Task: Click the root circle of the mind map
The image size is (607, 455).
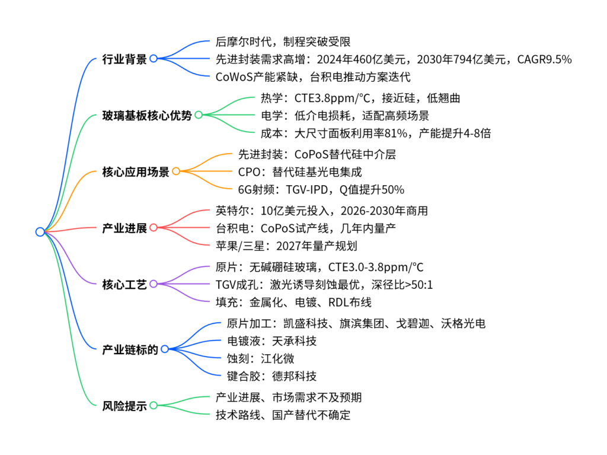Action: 40,232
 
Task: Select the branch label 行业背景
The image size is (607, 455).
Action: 124,59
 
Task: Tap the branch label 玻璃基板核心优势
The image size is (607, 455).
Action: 147,116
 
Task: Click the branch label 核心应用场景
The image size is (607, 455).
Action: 136,171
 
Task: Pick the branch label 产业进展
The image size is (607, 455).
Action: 124,228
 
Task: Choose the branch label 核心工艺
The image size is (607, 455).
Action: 124,285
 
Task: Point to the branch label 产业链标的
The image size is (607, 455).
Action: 130,349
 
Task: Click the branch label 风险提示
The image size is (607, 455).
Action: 124,406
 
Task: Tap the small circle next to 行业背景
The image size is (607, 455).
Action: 154,59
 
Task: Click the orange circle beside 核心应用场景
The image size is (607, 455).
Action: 176,171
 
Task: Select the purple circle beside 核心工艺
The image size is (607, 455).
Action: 154,284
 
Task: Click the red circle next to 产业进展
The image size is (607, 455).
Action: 154,227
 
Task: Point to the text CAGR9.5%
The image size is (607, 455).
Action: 544,59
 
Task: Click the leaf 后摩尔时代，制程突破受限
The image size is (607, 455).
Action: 283,42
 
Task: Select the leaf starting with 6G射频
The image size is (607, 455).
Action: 321,189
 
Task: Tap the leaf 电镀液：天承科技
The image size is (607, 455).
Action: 271,341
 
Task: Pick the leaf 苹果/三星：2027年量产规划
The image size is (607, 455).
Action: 286,246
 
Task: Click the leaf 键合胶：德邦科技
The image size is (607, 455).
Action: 271,376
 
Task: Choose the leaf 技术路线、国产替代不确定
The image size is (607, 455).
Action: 283,415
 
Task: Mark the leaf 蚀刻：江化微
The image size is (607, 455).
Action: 261,358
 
